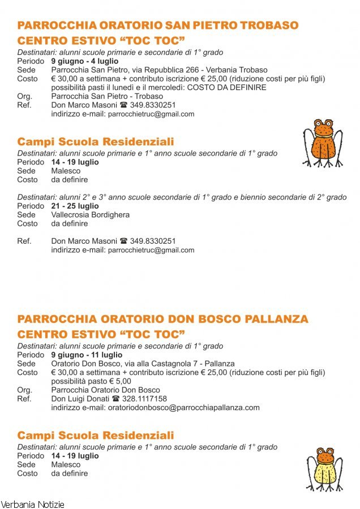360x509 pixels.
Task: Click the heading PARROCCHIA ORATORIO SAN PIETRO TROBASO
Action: pyautogui.click(x=158, y=25)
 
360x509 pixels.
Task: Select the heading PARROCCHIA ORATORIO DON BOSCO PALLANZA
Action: pyautogui.click(x=163, y=319)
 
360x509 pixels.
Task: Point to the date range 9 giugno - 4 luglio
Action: pyautogui.click(x=85, y=61)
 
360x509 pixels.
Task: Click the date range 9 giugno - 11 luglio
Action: pyautogui.click(x=87, y=355)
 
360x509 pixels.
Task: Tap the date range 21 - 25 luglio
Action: pyautogui.click(x=75, y=206)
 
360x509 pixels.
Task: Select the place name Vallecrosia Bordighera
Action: pyautogui.click(x=90, y=215)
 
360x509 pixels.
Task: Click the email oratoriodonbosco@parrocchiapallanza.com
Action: pyautogui.click(x=183, y=407)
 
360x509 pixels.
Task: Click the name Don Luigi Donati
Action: pyautogui.click(x=80, y=399)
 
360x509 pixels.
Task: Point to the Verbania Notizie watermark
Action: pyautogui.click(x=33, y=504)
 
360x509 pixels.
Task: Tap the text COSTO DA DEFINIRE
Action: pyautogui.click(x=226, y=88)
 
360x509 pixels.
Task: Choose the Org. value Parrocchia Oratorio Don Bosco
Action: pyautogui.click(x=105, y=390)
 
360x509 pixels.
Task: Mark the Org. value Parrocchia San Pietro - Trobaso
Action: pyautogui.click(x=106, y=96)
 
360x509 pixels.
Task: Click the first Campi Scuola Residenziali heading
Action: pyautogui.click(x=96, y=142)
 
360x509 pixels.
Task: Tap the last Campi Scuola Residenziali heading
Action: pyautogui.click(x=96, y=435)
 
